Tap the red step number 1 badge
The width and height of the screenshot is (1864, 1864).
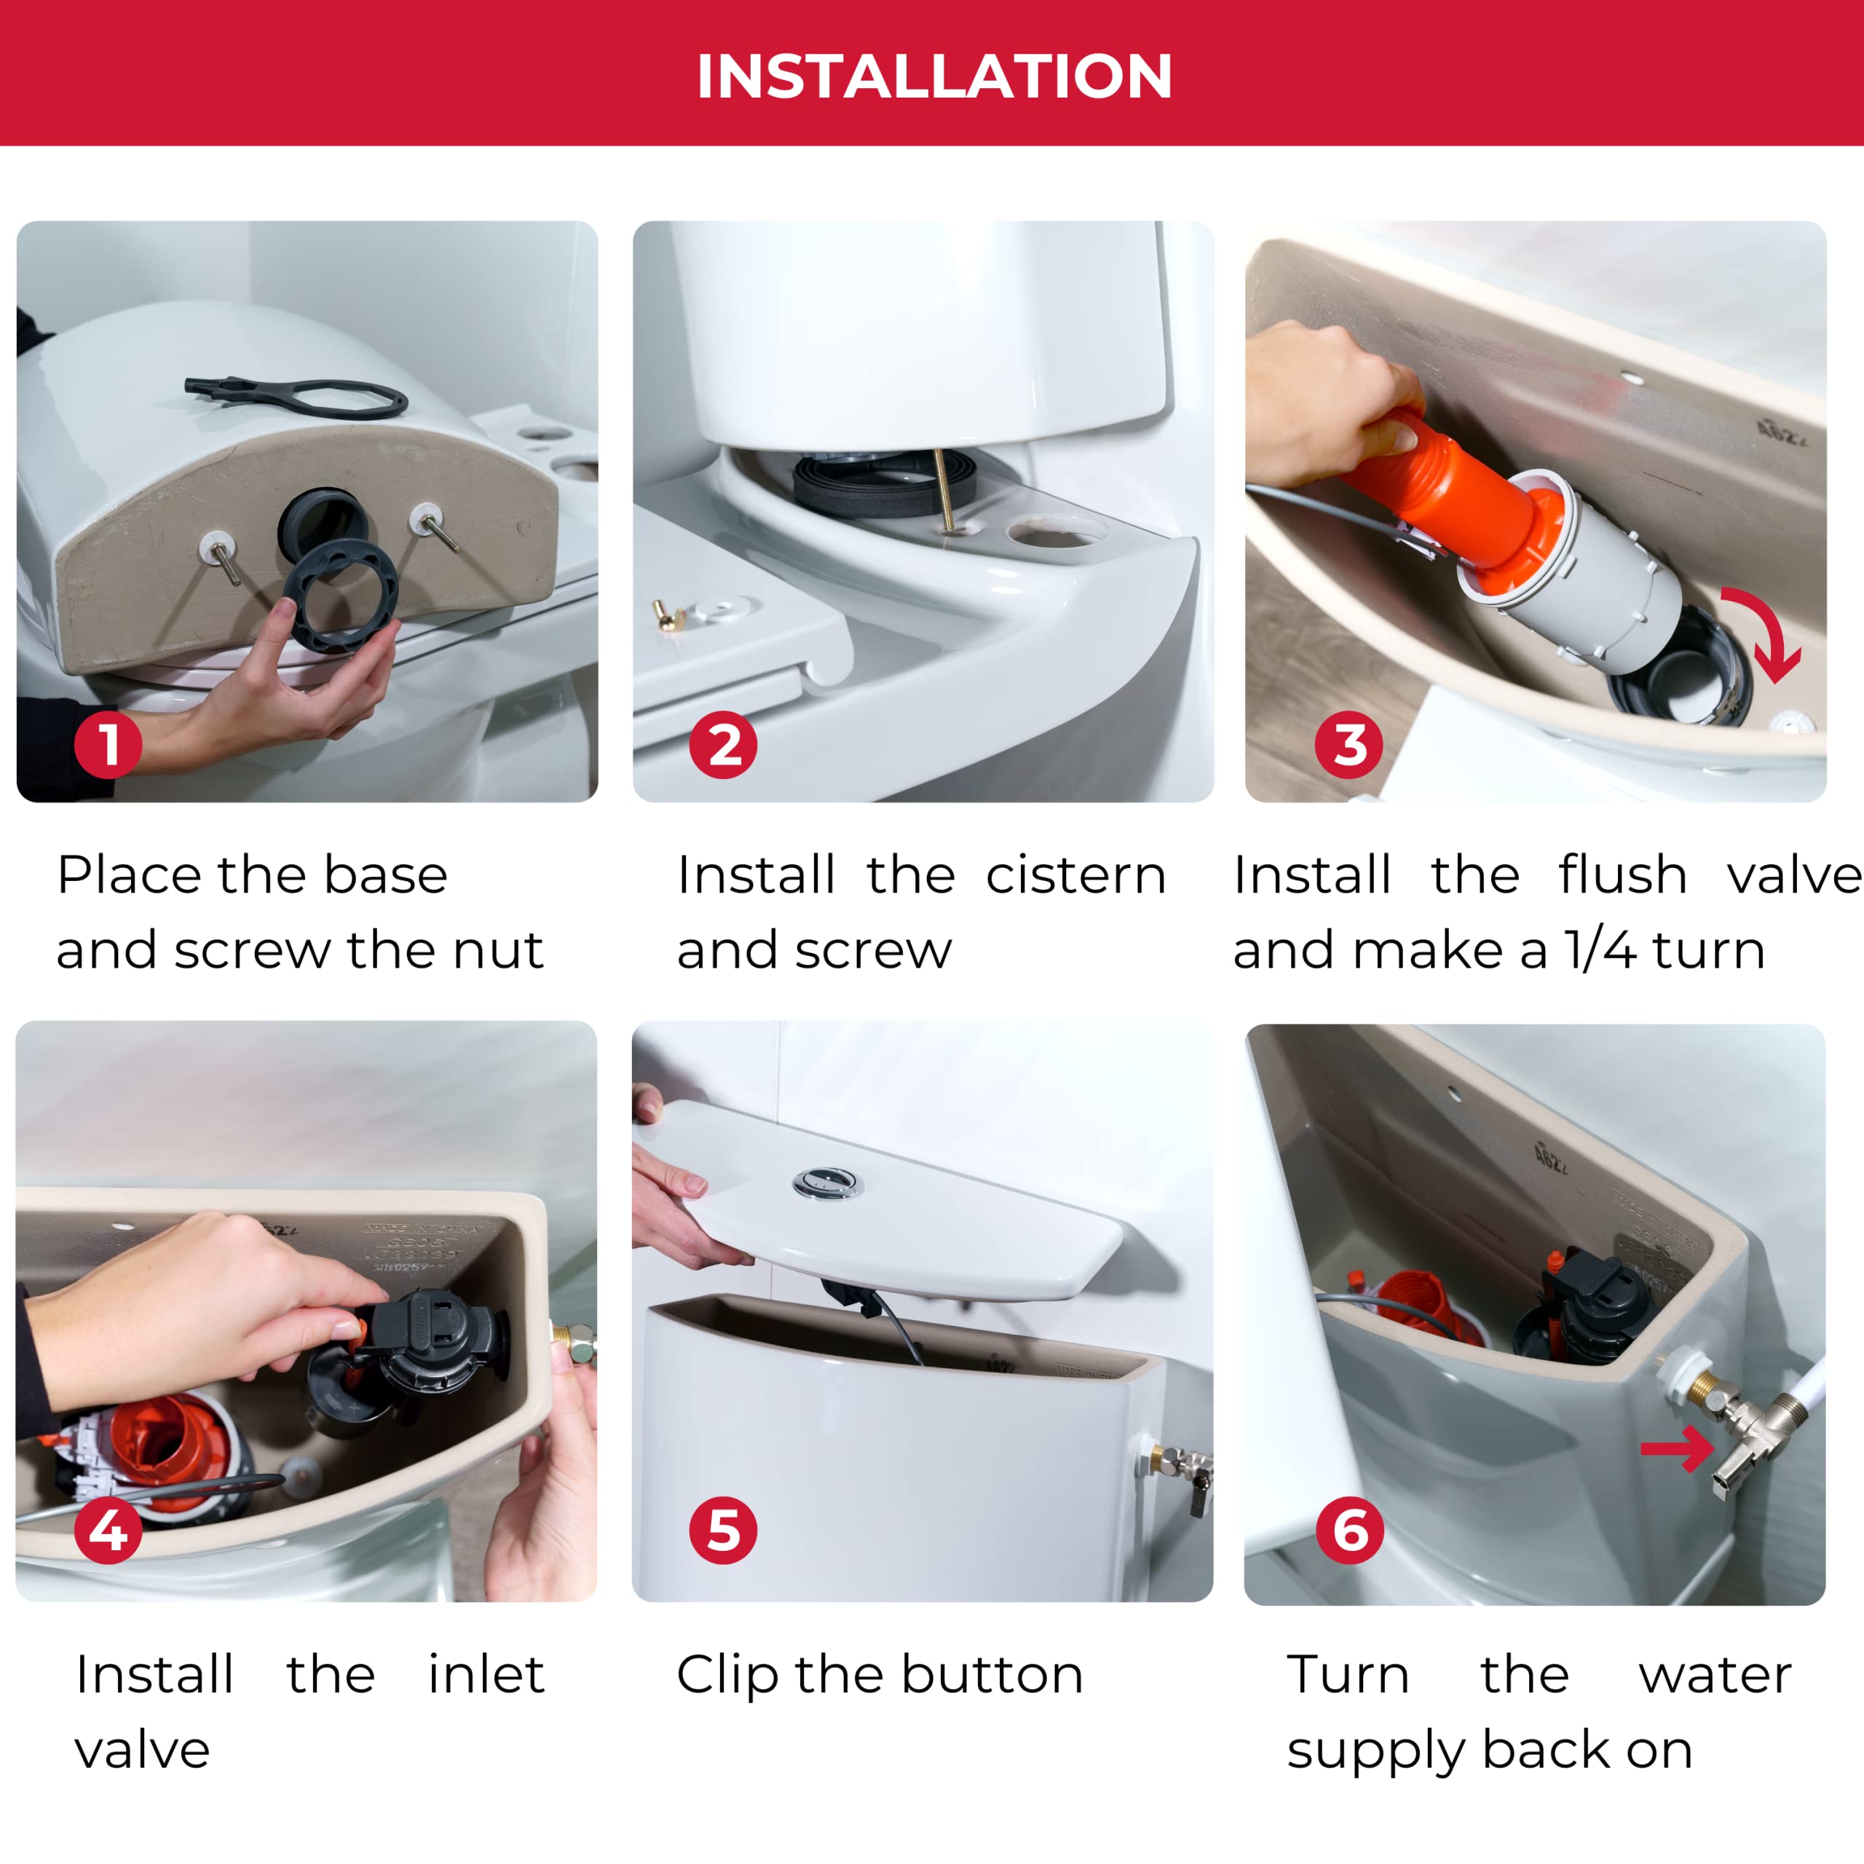tap(108, 745)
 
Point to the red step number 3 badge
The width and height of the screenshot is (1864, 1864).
tap(1348, 745)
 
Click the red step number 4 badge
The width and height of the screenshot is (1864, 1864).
tap(108, 1531)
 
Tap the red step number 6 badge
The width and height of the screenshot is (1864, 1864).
tap(1348, 1531)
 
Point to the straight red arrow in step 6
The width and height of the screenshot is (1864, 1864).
tap(1677, 1448)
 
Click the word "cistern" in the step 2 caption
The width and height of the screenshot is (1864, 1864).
tap(1075, 876)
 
